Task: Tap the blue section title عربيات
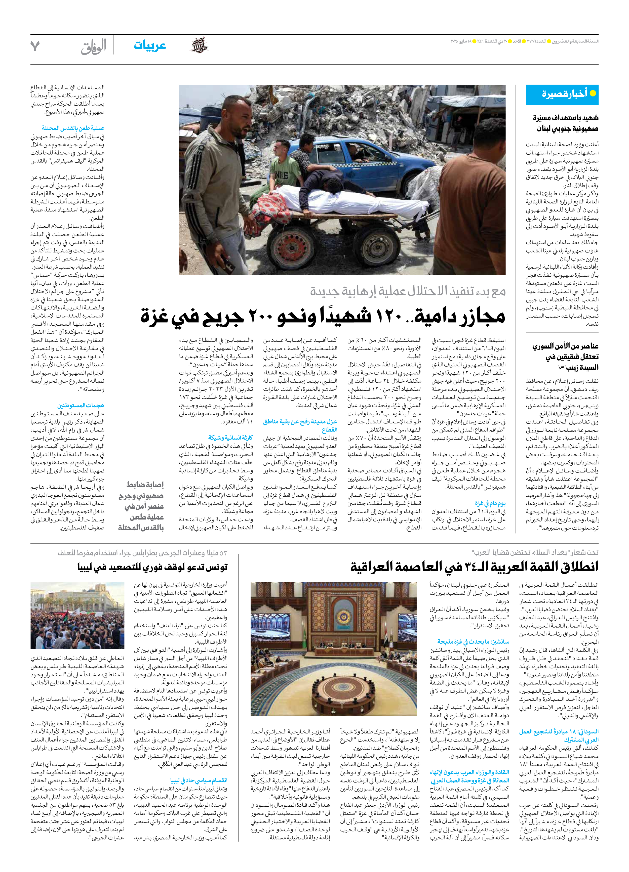150,46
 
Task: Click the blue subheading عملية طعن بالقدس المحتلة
73,128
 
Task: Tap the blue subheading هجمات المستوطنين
81,405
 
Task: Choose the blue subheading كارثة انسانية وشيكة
230,438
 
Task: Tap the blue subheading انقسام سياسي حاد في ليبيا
199,780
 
